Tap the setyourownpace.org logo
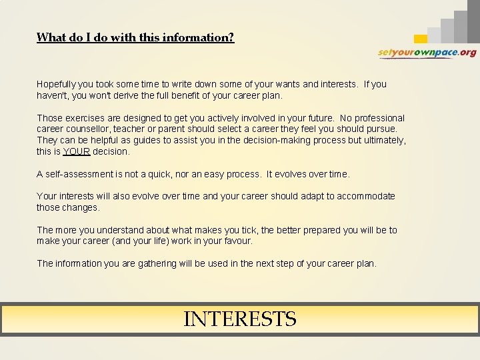[427, 53]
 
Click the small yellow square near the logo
[420, 39]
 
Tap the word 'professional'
[377, 118]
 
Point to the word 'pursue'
[381, 129]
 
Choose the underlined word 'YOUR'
[77, 151]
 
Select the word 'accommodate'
[366, 196]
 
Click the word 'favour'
[237, 241]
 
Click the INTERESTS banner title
[239, 319]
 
